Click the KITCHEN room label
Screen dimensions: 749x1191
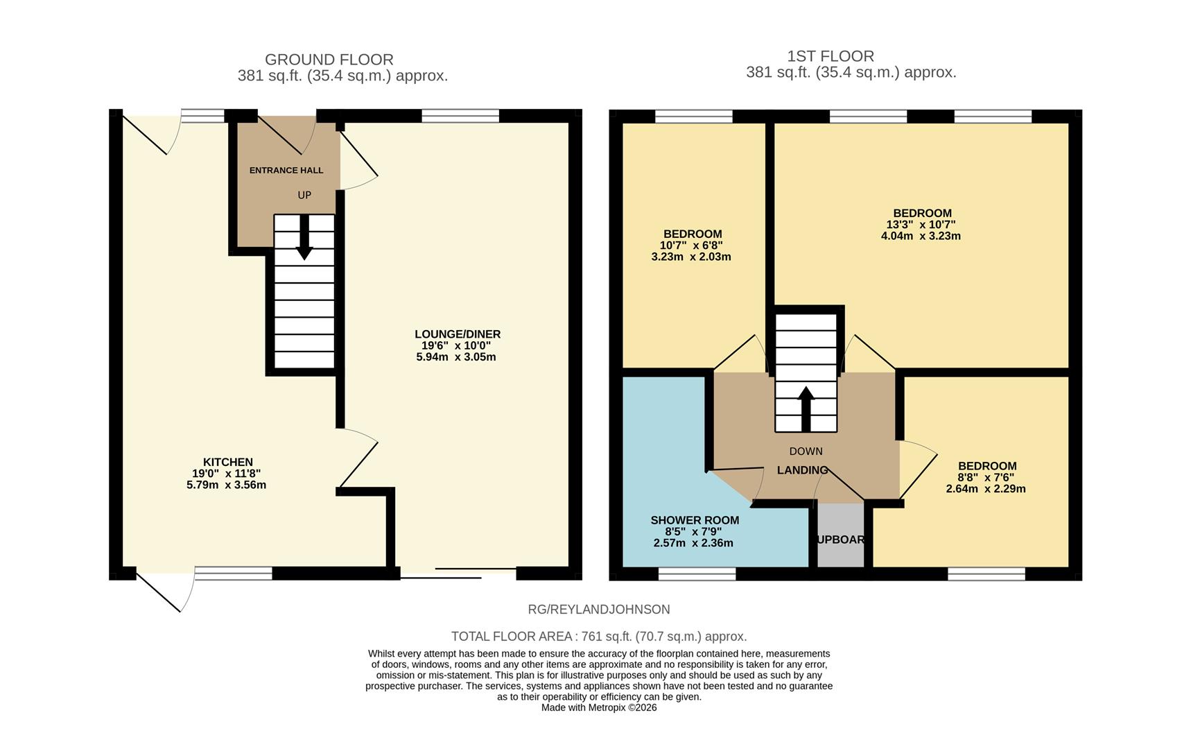point(227,462)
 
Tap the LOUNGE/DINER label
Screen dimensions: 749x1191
point(458,334)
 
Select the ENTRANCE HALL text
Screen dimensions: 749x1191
point(286,170)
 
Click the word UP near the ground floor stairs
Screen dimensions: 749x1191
point(304,195)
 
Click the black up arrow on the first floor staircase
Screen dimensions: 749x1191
point(806,408)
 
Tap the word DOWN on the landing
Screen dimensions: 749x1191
point(806,451)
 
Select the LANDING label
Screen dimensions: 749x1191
point(802,470)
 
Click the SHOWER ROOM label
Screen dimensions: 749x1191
point(695,520)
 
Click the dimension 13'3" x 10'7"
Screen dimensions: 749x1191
point(921,225)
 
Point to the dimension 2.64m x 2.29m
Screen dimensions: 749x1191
point(986,489)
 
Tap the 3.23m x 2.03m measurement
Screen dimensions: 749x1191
point(691,257)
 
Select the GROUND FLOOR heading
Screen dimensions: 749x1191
point(329,60)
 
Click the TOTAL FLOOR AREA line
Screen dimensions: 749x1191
point(599,636)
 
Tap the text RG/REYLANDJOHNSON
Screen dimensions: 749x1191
point(599,610)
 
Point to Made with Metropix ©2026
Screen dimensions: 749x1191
point(599,707)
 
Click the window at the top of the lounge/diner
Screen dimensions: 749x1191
point(460,116)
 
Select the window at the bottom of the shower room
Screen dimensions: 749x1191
point(697,574)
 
